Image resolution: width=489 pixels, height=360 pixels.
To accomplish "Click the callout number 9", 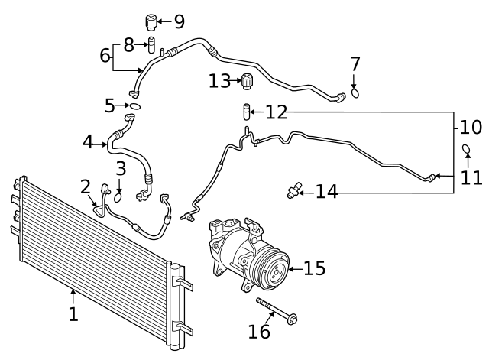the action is tap(180, 21).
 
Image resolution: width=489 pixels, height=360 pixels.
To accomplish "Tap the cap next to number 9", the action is tap(151, 22).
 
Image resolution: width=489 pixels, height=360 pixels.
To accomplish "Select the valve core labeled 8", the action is tap(151, 45).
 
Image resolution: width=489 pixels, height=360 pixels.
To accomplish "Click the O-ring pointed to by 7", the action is tap(355, 93).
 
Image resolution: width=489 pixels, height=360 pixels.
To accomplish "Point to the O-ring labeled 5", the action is tap(135, 106).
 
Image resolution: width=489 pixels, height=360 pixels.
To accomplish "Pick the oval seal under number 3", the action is tap(118, 197).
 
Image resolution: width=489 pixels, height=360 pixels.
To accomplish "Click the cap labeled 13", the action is tap(248, 81).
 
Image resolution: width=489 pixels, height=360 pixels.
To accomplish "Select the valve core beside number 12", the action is tap(246, 112).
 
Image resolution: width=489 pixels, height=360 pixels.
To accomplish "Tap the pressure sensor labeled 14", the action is tap(293, 190).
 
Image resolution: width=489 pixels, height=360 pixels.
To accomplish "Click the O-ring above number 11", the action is tap(466, 148).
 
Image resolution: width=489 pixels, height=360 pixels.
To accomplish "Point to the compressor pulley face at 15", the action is tap(277, 271).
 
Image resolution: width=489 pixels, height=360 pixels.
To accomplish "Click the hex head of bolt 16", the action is tap(293, 319).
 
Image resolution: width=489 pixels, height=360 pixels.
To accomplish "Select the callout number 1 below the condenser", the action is tap(73, 314).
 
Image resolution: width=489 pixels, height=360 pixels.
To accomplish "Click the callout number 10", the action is tap(471, 128).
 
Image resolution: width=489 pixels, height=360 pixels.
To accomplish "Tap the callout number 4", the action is tap(88, 142).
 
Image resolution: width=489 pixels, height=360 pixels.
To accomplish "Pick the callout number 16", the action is tap(259, 331).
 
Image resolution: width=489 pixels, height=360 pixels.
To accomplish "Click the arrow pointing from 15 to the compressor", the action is tap(296, 268).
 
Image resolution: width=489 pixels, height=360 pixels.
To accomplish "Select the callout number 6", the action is tap(105, 55).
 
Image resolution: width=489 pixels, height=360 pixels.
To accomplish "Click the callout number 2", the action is tap(85, 186).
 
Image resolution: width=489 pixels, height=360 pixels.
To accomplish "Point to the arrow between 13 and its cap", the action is tap(235, 81).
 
